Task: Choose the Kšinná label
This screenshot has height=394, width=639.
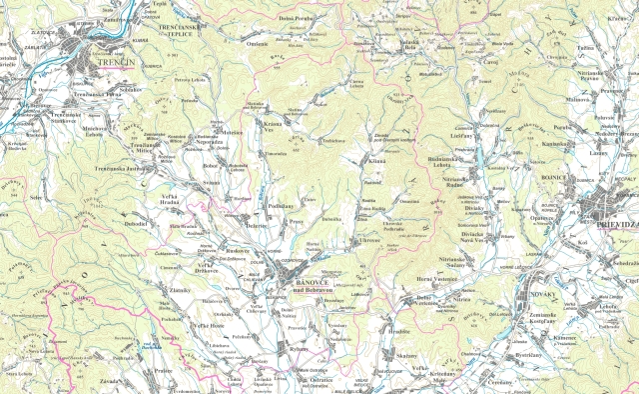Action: tap(376, 161)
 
